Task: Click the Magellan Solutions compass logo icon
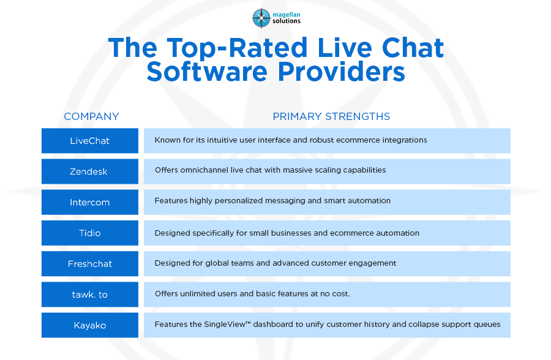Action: pyautogui.click(x=261, y=18)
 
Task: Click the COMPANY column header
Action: pyautogui.click(x=91, y=116)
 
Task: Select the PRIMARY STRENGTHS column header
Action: pyautogui.click(x=331, y=116)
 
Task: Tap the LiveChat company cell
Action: pyautogui.click(x=90, y=141)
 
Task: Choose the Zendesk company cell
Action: pyautogui.click(x=90, y=171)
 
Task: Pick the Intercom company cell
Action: pyautogui.click(x=90, y=202)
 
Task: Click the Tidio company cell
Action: pyautogui.click(x=90, y=233)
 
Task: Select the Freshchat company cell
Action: pyautogui.click(x=90, y=264)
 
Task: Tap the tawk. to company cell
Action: pyautogui.click(x=90, y=294)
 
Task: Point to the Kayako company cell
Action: pyautogui.click(x=90, y=325)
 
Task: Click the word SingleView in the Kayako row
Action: pyautogui.click(x=228, y=324)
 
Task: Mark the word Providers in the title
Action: pyautogui.click(x=341, y=72)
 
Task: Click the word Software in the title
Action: pyautogui.click(x=207, y=72)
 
